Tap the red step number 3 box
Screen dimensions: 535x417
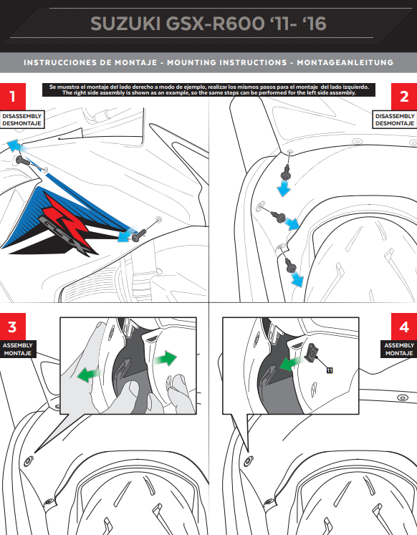pyautogui.click(x=12, y=327)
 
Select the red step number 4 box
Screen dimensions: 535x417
pyautogui.click(x=404, y=327)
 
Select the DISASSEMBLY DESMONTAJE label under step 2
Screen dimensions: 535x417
pyautogui.click(x=395, y=120)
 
